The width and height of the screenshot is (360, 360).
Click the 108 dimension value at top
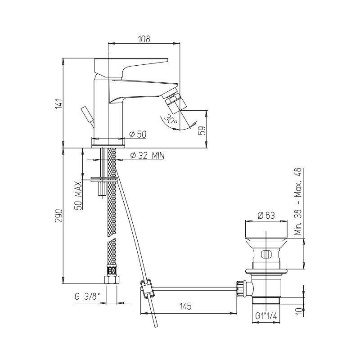144,39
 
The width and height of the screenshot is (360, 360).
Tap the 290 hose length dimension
59,216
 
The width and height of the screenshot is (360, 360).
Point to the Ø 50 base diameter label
138,134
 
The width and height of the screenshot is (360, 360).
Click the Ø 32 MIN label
148,156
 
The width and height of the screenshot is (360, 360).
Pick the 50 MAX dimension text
78,195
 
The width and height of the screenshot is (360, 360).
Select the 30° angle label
171,119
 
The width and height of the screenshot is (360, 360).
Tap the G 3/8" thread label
87,297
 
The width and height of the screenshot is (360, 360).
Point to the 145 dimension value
185,306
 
